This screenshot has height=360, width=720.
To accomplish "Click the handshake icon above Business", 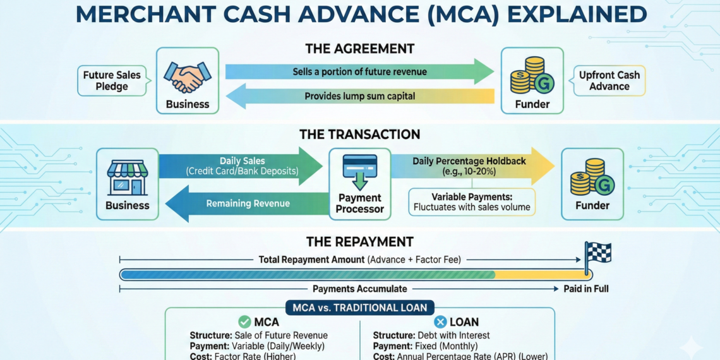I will (187, 77).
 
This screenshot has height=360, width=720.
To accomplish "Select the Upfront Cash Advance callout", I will (609, 81).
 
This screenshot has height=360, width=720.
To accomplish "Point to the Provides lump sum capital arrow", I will (359, 96).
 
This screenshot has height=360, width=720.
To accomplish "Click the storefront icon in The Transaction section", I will (128, 177).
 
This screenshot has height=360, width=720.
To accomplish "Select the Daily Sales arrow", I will (240, 166).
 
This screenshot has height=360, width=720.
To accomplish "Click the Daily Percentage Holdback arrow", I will (471, 166).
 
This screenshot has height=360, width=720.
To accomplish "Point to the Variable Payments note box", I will (471, 202).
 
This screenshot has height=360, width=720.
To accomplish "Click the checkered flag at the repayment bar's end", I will (597, 253).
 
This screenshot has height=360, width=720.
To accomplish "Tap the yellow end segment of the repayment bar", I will (540, 275).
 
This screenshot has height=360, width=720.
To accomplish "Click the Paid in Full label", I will (586, 289).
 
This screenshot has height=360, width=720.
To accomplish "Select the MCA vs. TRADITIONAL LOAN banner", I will (359, 308).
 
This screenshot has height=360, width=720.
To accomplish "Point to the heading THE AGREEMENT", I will (359, 49).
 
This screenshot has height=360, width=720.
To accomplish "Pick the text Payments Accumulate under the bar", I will (359, 289).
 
